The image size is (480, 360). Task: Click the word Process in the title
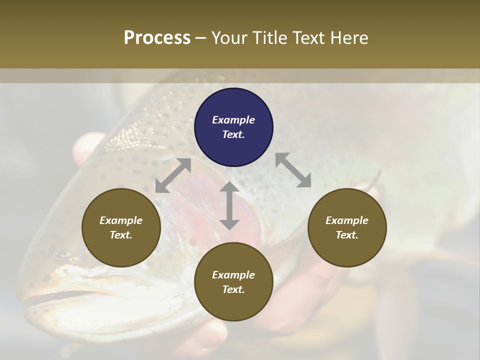point(157,38)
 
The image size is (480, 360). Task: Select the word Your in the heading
point(229,38)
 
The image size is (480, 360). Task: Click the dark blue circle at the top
point(233,127)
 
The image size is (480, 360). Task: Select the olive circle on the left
point(121,227)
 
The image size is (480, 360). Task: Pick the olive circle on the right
point(347,227)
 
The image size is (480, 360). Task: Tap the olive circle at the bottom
point(233,282)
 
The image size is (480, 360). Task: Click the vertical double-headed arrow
point(229,205)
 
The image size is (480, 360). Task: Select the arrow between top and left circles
point(173,175)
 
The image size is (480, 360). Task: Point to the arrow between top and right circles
point(293,170)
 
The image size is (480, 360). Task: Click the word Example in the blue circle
point(233,120)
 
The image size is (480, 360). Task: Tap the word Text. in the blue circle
point(233,134)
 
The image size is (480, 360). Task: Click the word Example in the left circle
point(121,220)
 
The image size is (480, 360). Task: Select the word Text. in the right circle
point(347,235)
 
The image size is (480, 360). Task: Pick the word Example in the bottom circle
point(233,275)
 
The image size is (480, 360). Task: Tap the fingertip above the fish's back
point(85,147)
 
